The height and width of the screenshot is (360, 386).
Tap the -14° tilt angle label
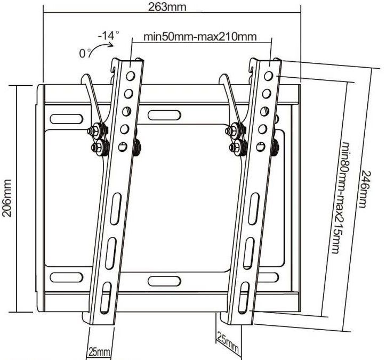[109, 36]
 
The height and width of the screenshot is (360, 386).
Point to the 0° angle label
[84, 53]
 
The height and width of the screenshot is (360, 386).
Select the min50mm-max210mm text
[200, 37]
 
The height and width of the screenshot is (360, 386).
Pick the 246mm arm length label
[364, 190]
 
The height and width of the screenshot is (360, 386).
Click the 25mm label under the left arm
[100, 352]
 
